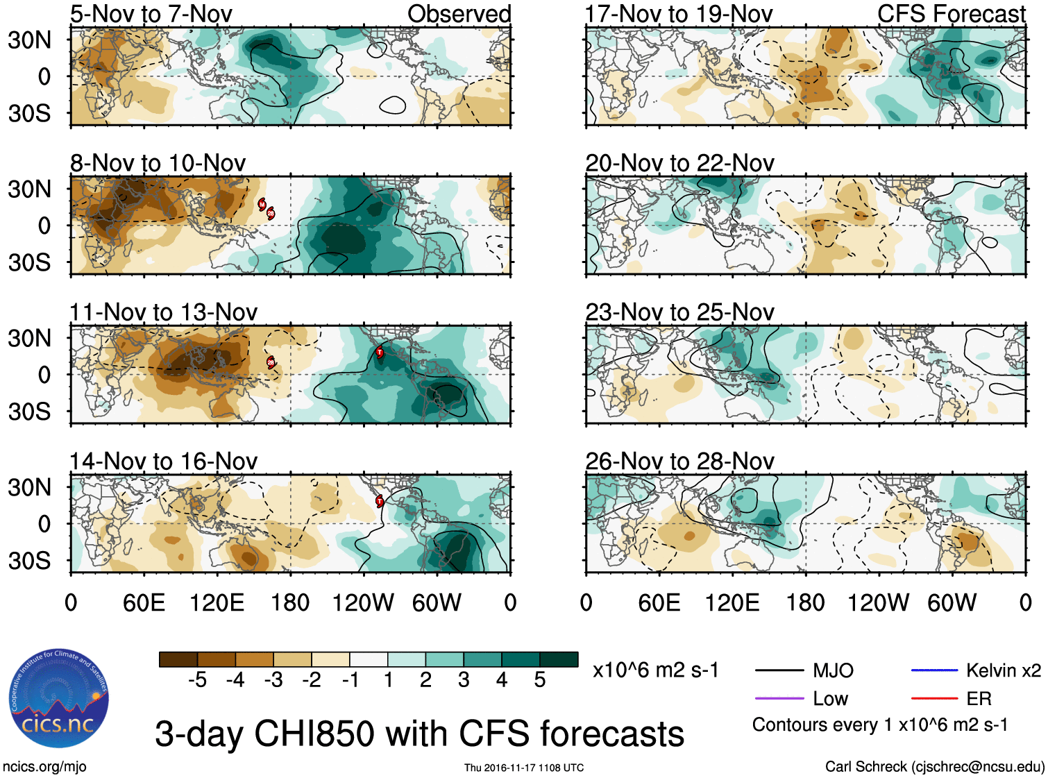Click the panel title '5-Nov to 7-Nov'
click(151, 14)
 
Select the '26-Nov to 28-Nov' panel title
click(679, 462)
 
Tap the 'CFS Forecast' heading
click(951, 14)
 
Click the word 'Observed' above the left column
click(459, 14)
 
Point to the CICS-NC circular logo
click(59, 699)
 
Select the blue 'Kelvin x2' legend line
click(934, 670)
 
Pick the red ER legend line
click(934, 699)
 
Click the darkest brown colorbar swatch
click(178, 659)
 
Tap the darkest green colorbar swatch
click(559, 659)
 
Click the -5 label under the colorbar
click(197, 680)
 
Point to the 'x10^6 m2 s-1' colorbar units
click(656, 670)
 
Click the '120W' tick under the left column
click(363, 603)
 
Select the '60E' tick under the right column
click(659, 603)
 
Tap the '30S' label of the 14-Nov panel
click(30, 561)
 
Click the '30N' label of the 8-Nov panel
click(30, 189)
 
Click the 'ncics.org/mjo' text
click(44, 767)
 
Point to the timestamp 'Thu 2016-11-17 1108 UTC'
click(524, 768)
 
